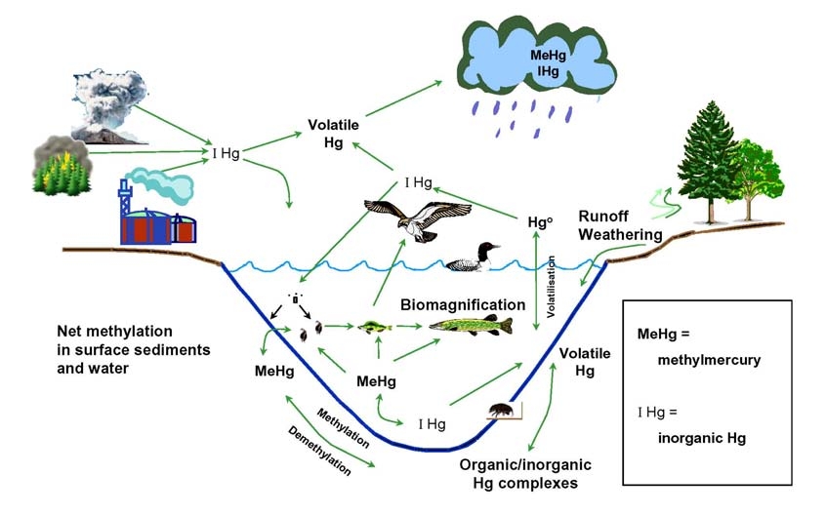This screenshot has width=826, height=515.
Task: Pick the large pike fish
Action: pyautogui.click(x=469, y=326)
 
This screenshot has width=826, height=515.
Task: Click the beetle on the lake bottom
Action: pyautogui.click(x=501, y=412)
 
